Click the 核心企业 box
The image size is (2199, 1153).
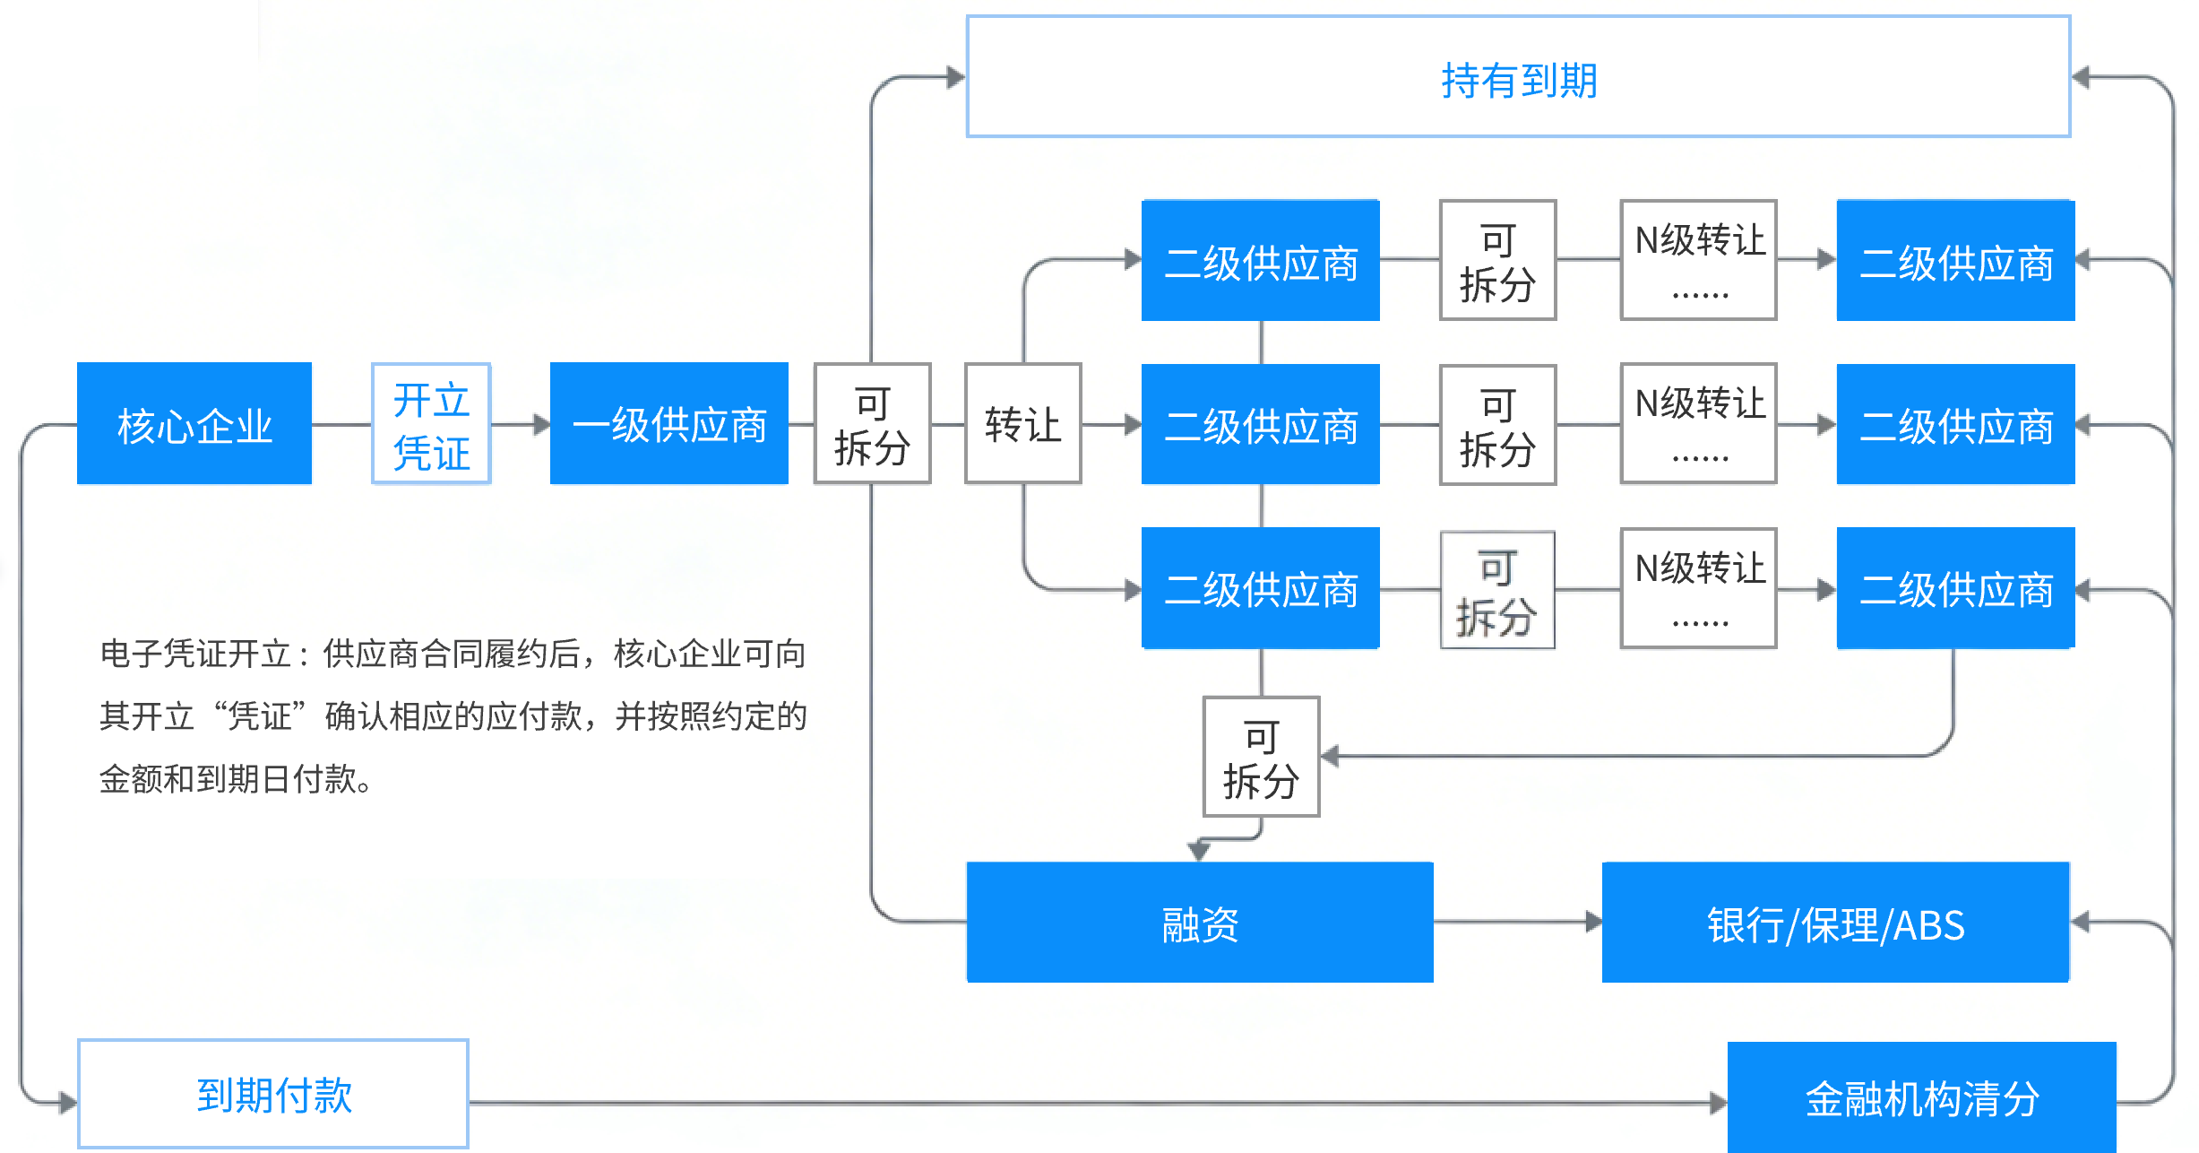point(194,423)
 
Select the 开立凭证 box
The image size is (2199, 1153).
point(431,423)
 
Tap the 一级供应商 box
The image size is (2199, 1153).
point(669,423)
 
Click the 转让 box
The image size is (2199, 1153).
point(1022,423)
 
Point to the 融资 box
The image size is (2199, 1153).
point(1200,923)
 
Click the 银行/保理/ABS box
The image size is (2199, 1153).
point(1835,923)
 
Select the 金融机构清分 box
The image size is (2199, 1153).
point(1921,1097)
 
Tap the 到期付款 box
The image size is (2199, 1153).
point(273,1094)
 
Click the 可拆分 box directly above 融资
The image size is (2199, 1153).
point(1261,757)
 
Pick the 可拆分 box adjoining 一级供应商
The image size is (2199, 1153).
point(872,423)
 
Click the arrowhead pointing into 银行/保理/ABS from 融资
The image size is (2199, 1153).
point(1593,922)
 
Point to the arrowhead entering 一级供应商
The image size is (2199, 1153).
point(541,424)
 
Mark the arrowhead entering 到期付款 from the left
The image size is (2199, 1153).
point(68,1102)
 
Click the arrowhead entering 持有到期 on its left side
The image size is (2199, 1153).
point(956,77)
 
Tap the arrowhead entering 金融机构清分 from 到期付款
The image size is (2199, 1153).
point(1718,1103)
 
